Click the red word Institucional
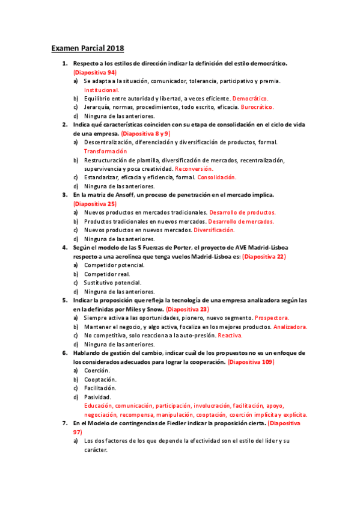point(102,90)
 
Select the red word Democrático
point(251,98)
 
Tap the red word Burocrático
point(257,107)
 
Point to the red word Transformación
point(106,151)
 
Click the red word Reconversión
point(196,169)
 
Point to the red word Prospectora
point(272,318)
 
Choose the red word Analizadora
point(290,327)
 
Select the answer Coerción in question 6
point(97,370)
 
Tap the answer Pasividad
point(97,397)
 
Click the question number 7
point(65,423)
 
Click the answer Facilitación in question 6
point(100,388)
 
